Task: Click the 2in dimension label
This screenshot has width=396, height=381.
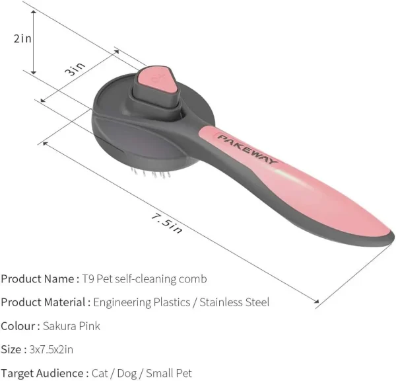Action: (x=22, y=39)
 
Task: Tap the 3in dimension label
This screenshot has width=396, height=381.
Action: (x=75, y=69)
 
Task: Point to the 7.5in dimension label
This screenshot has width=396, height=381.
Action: (x=166, y=224)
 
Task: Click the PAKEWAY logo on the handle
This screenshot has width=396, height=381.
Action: (x=247, y=149)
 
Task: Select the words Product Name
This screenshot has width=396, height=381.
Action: (x=38, y=279)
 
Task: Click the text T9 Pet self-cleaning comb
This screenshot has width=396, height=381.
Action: (x=145, y=279)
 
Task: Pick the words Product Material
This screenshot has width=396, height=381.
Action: (x=43, y=302)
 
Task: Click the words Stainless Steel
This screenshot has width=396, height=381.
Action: (x=234, y=302)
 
